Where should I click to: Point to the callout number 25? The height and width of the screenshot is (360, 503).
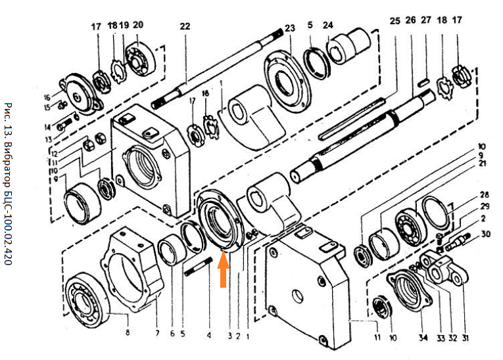tap(395, 21)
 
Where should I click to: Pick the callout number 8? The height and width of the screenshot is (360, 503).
tap(128, 333)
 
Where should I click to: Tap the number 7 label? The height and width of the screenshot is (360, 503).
tap(157, 333)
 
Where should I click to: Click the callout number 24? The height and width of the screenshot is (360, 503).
tap(327, 26)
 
